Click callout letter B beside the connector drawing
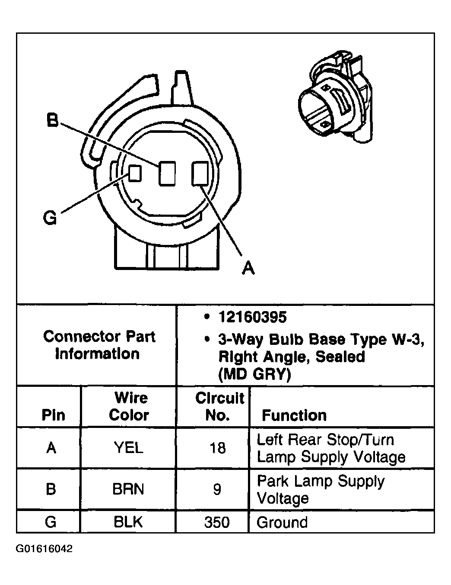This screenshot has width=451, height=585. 52,121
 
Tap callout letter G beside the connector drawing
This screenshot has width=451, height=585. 50,218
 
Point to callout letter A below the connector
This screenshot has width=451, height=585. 248,268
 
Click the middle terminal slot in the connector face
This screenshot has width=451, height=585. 167,174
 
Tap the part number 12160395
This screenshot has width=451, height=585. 252,317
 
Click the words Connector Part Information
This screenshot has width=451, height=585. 99,345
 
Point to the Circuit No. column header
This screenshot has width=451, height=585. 219,406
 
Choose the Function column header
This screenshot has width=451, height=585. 294,415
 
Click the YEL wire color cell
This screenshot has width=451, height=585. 129,448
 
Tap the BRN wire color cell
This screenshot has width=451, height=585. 128,489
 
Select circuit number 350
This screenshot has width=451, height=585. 217,522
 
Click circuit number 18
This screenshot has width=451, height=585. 218,448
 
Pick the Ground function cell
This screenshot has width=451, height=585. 282,522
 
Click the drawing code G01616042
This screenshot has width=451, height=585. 44,549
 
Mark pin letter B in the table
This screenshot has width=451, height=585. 51,489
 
